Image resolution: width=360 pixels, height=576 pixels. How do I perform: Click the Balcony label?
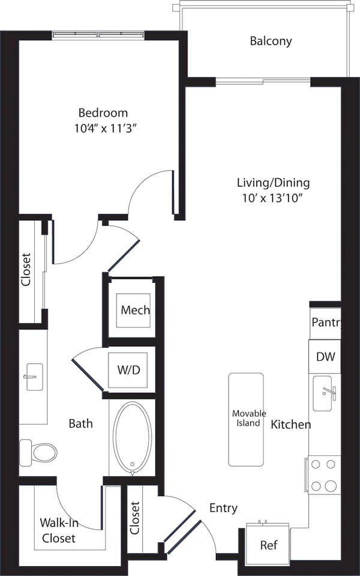[271, 41]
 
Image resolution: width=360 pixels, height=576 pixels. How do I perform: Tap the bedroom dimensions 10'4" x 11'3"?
[104, 127]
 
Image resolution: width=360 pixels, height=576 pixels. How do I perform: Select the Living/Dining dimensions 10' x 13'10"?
[273, 199]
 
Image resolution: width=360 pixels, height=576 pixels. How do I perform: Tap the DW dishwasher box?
[325, 357]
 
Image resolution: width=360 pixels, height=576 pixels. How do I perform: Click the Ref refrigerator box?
[268, 545]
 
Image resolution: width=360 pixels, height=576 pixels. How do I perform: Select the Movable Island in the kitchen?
[246, 419]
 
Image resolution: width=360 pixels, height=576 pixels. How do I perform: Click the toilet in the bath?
[38, 451]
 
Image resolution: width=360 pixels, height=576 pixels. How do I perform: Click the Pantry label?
[326, 322]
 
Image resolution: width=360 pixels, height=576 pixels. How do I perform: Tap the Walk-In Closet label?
[58, 530]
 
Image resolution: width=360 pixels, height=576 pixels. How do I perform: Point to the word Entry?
[223, 508]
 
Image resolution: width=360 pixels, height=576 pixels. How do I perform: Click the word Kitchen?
[291, 425]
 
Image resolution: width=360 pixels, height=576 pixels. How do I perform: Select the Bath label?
[80, 424]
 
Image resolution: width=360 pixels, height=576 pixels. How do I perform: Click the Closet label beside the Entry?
[134, 518]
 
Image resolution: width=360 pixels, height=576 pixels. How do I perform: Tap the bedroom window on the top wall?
[98, 35]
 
